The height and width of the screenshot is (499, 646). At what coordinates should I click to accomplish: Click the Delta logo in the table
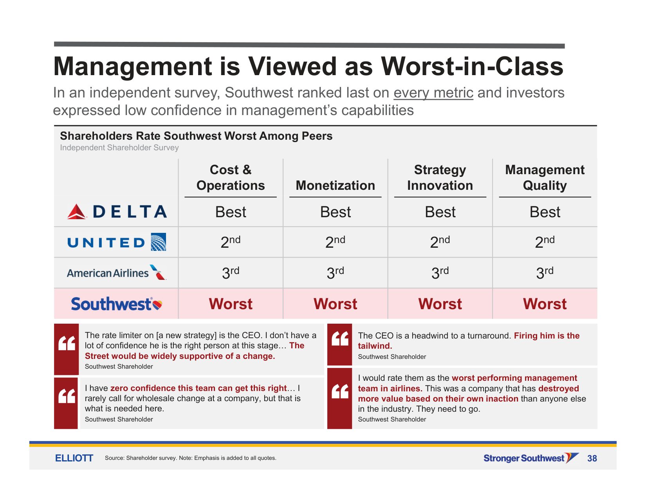117,212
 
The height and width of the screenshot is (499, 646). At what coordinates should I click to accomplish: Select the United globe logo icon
158,242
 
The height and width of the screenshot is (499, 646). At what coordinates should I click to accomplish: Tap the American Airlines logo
117,272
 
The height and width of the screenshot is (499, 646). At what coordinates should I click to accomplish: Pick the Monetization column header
336,186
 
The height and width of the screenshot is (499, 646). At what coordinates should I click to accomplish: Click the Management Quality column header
545,178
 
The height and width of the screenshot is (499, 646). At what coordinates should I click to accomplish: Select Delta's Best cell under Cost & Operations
231,212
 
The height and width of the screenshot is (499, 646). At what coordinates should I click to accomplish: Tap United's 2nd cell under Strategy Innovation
440,242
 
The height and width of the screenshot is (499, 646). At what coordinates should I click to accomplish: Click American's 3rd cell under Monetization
336,272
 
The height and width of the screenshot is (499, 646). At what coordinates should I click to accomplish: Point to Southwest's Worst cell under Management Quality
545,304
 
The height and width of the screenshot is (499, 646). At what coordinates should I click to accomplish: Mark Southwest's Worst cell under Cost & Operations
231,304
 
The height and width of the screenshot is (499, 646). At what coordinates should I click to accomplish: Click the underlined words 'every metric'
433,93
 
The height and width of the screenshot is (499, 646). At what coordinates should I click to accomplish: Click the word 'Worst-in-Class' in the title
472,66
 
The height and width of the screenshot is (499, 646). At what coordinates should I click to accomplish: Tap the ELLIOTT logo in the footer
74,458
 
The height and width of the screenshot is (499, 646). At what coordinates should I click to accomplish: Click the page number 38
592,458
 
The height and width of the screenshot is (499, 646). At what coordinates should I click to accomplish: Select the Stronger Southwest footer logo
531,458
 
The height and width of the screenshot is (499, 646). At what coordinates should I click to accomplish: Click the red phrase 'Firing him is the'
547,335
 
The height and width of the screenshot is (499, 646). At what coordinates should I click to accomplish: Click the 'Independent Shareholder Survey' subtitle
119,148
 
